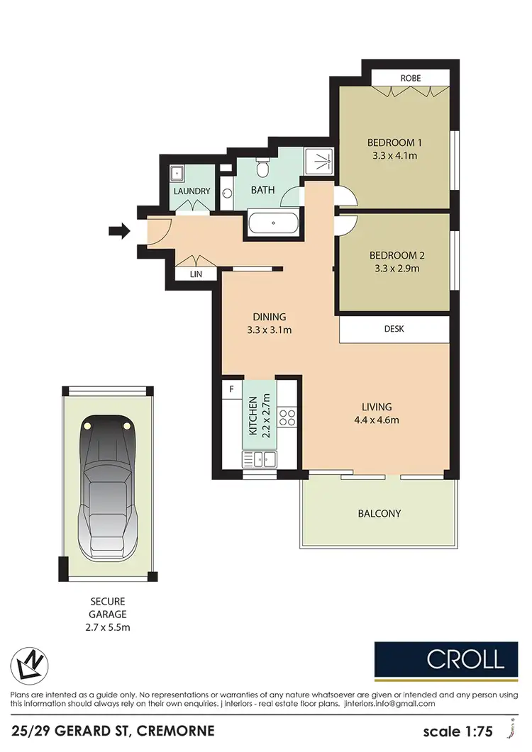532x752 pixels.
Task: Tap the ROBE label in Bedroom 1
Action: [x=411, y=78]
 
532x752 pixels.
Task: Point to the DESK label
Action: [x=394, y=329]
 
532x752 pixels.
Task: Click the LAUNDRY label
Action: [x=192, y=191]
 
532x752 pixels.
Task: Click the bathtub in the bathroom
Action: [x=275, y=224]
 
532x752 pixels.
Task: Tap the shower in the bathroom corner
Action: [x=319, y=162]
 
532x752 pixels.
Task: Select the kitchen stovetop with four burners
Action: [x=287, y=417]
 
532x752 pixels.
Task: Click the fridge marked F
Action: [x=231, y=389]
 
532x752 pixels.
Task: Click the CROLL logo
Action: [x=465, y=659]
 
